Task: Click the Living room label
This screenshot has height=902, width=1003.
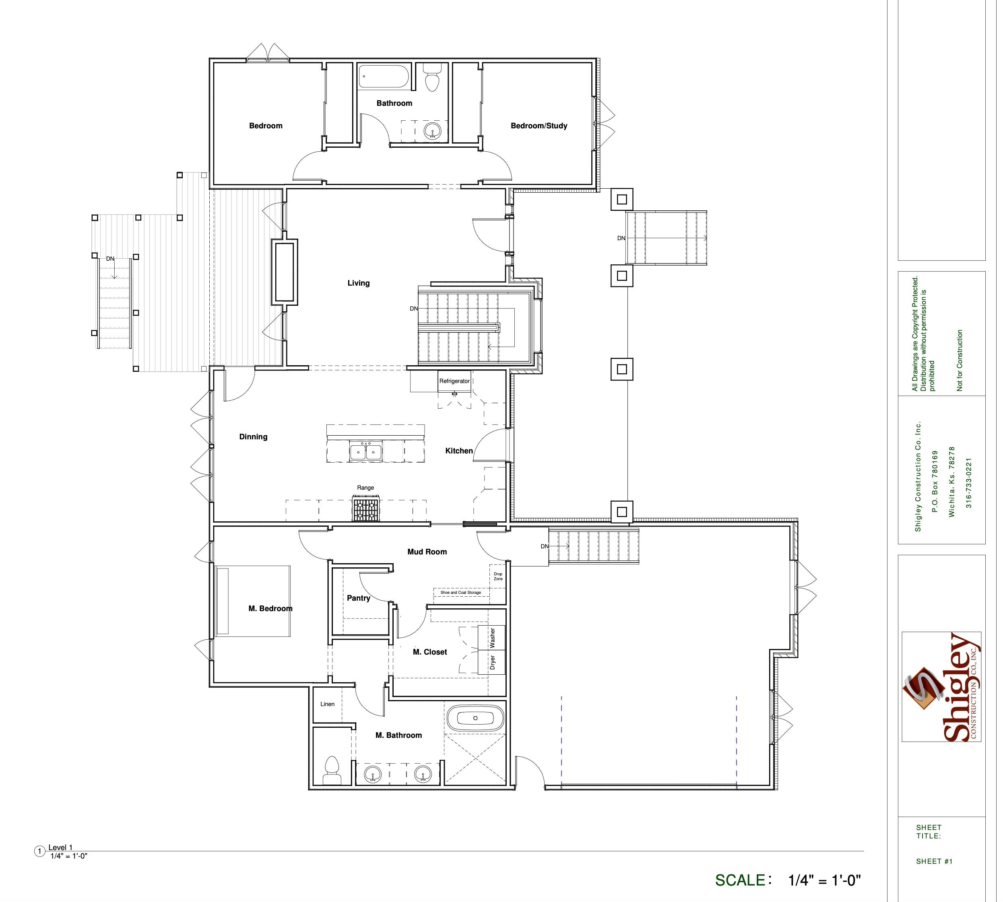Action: [x=359, y=283]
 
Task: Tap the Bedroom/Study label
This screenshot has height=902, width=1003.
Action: [x=539, y=126]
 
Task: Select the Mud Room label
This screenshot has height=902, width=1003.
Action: [x=427, y=552]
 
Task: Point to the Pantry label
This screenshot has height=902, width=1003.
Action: [x=359, y=598]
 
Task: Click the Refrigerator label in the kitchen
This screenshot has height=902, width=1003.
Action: [x=454, y=381]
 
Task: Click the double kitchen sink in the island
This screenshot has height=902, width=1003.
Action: [x=366, y=452]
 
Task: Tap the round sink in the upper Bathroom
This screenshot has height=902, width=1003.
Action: [x=433, y=132]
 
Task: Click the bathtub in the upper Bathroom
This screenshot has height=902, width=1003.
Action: [x=383, y=77]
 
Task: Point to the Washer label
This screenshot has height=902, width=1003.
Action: [x=492, y=638]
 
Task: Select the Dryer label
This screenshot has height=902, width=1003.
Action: [x=492, y=663]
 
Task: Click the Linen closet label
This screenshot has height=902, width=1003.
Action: [x=327, y=704]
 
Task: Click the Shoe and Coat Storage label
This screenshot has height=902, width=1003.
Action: [x=460, y=592]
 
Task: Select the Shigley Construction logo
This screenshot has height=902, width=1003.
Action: [x=941, y=687]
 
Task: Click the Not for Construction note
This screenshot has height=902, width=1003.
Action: [x=960, y=360]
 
